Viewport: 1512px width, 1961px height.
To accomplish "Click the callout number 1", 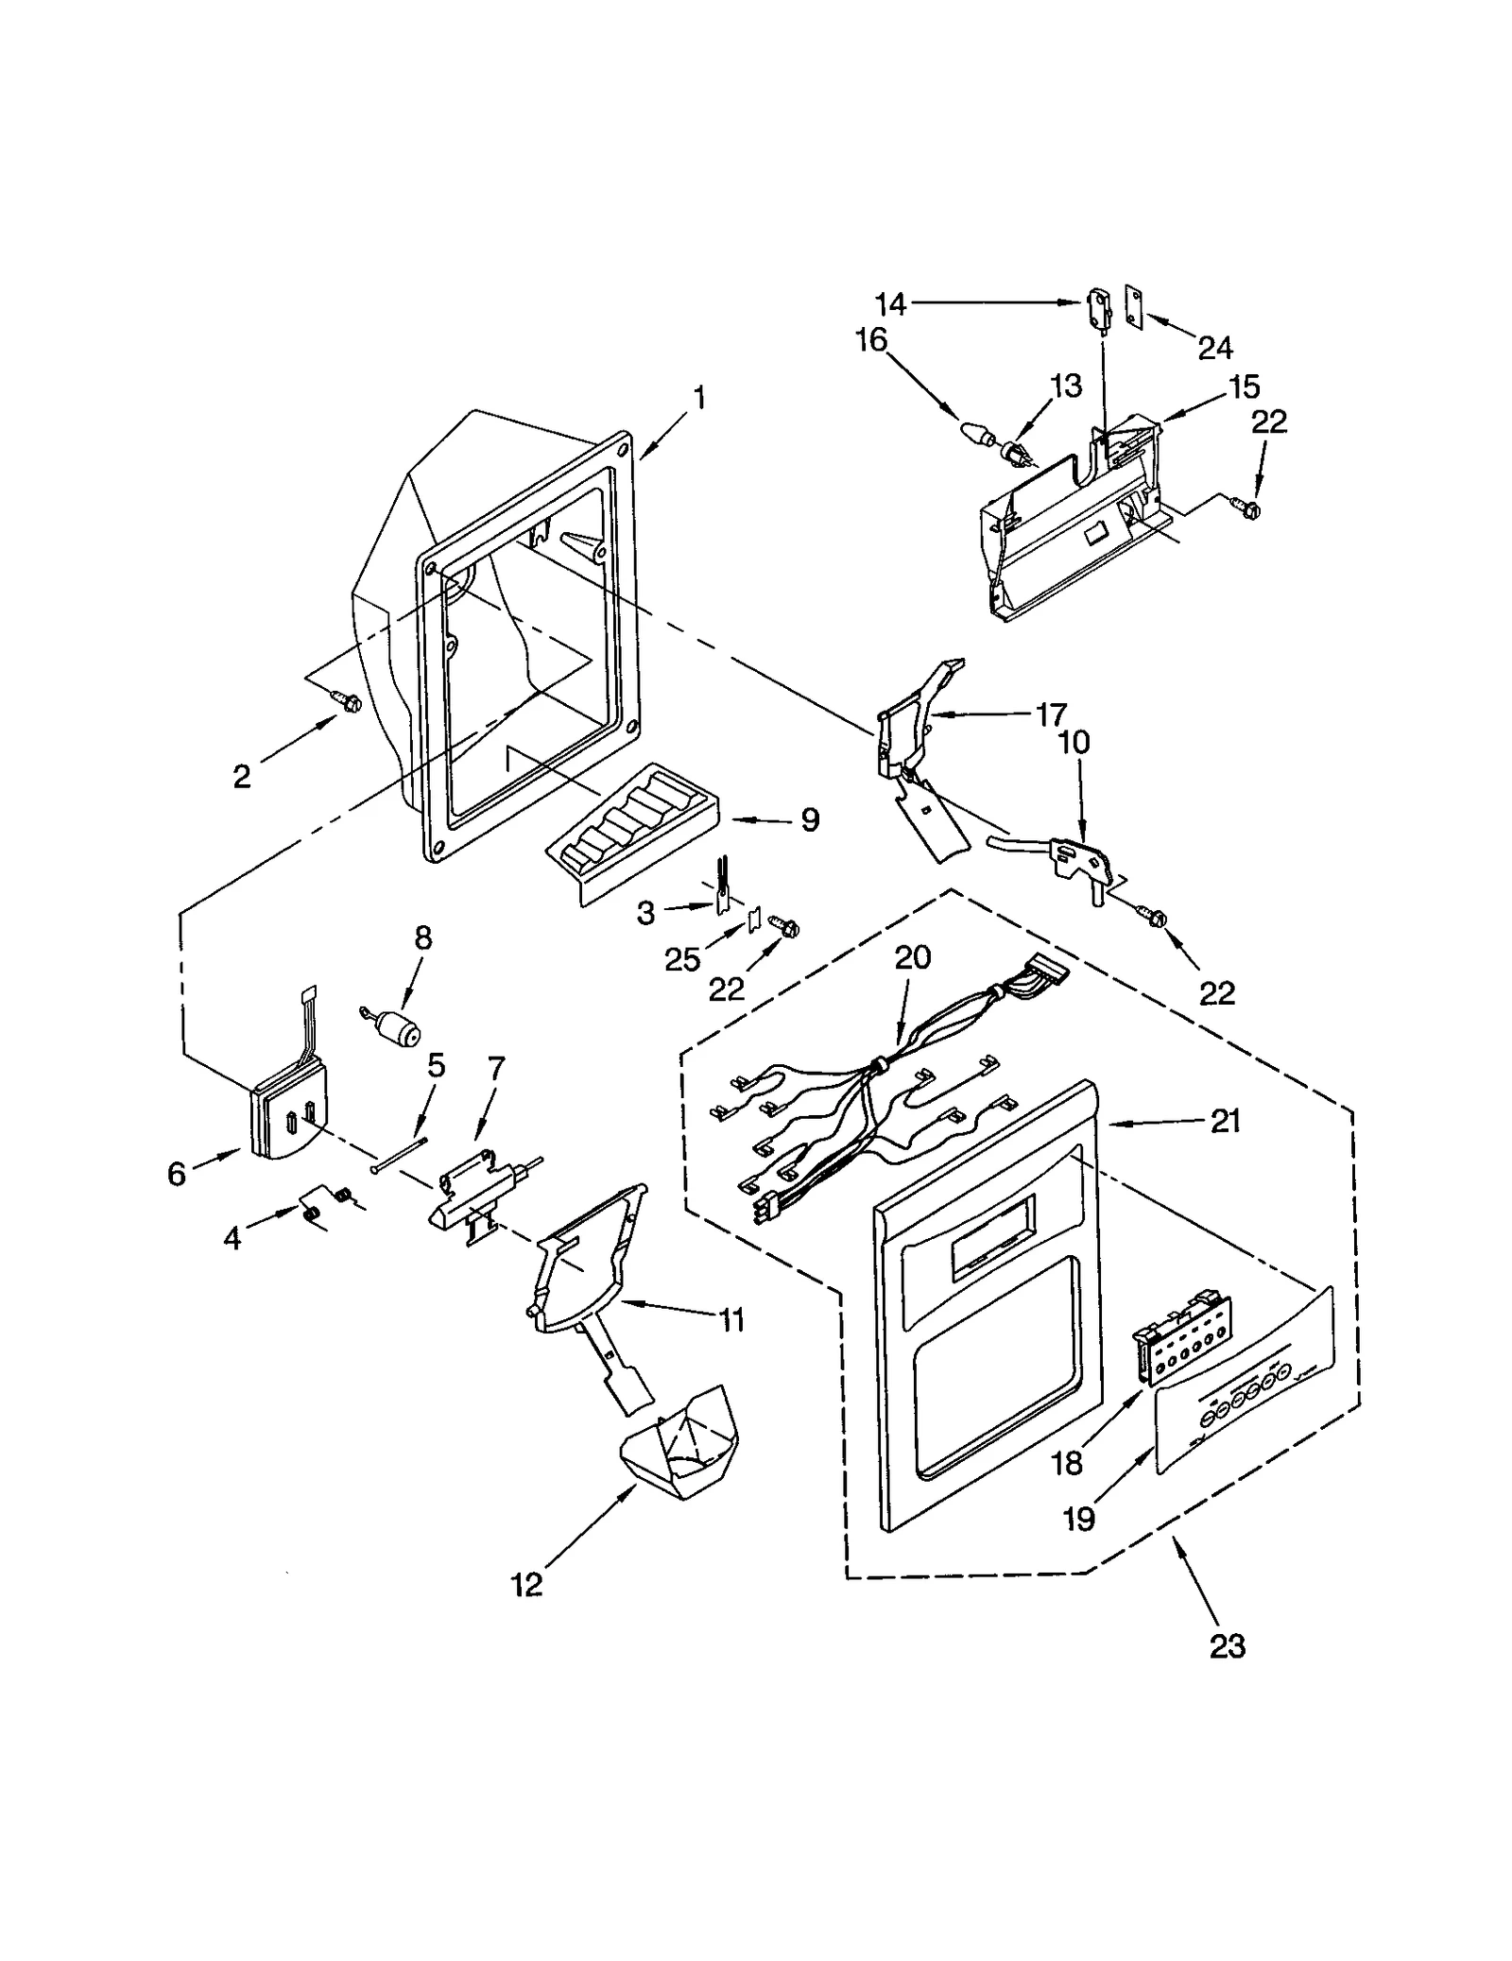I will click(x=699, y=399).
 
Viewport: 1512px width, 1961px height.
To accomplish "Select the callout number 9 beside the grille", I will click(x=810, y=820).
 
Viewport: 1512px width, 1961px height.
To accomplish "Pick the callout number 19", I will click(x=1079, y=1519).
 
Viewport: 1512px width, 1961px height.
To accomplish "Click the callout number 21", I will click(x=1225, y=1122).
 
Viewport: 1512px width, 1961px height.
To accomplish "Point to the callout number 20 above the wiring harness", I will click(x=913, y=957).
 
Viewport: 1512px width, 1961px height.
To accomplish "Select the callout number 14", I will click(x=890, y=304).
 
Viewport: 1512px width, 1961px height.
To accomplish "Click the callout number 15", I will click(x=1244, y=387).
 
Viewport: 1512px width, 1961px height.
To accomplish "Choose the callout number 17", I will click(x=1051, y=714).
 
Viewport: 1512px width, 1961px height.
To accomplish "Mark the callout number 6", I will click(x=177, y=1174).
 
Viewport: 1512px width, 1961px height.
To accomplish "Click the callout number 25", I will click(x=681, y=959).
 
